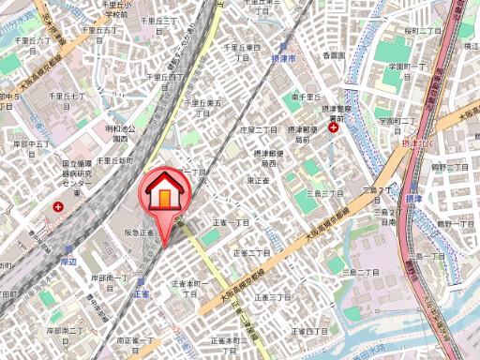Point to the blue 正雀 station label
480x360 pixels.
tap(142, 293)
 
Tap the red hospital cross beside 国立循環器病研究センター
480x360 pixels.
tap(60, 206)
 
